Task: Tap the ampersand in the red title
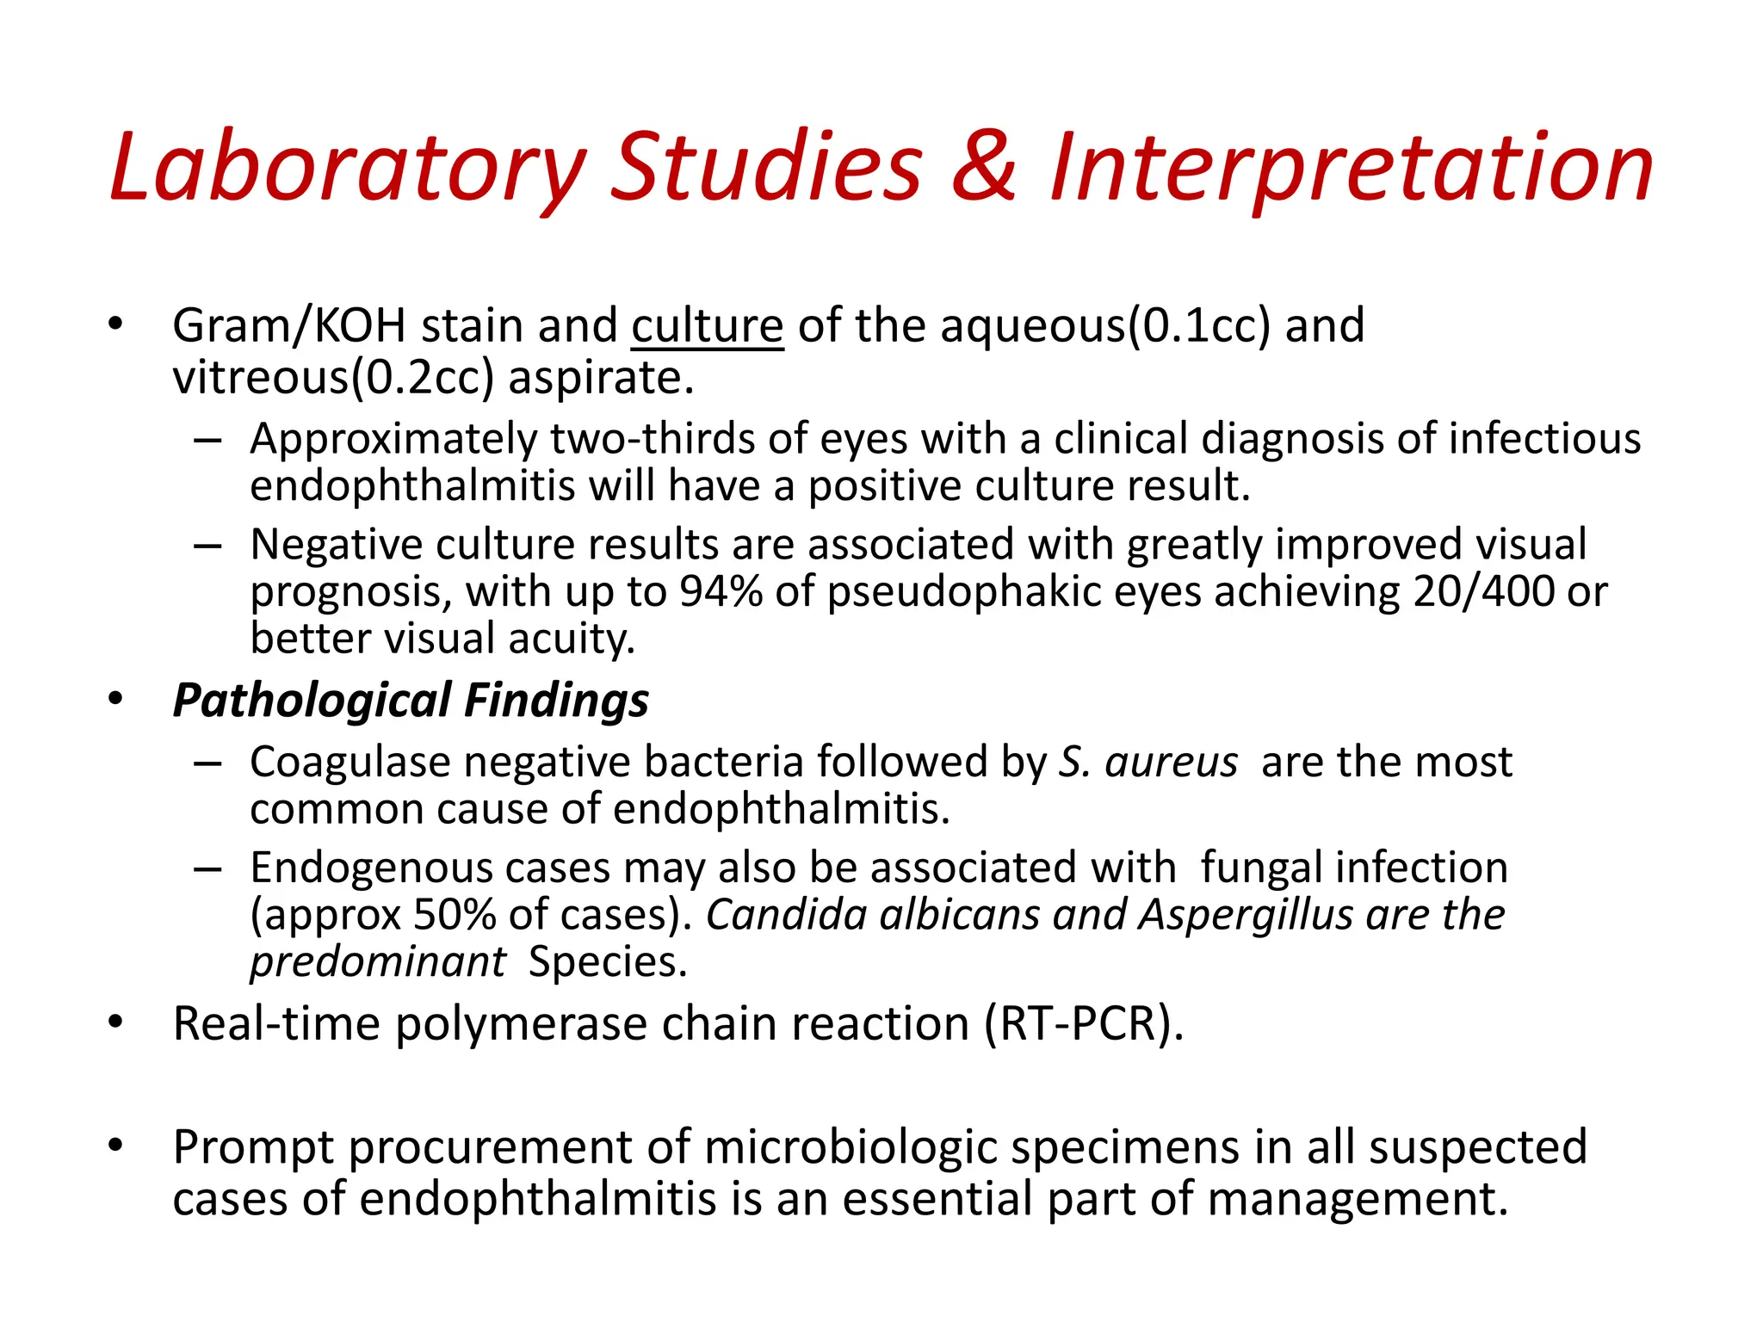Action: coord(984,167)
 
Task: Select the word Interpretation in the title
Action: coord(1351,167)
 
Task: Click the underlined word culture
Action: coord(707,326)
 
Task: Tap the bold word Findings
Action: coord(556,701)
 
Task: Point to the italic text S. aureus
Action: coord(1148,763)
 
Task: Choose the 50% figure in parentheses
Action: coord(454,915)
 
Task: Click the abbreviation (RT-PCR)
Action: coord(1084,1024)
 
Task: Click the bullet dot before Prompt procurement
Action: coord(115,1146)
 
